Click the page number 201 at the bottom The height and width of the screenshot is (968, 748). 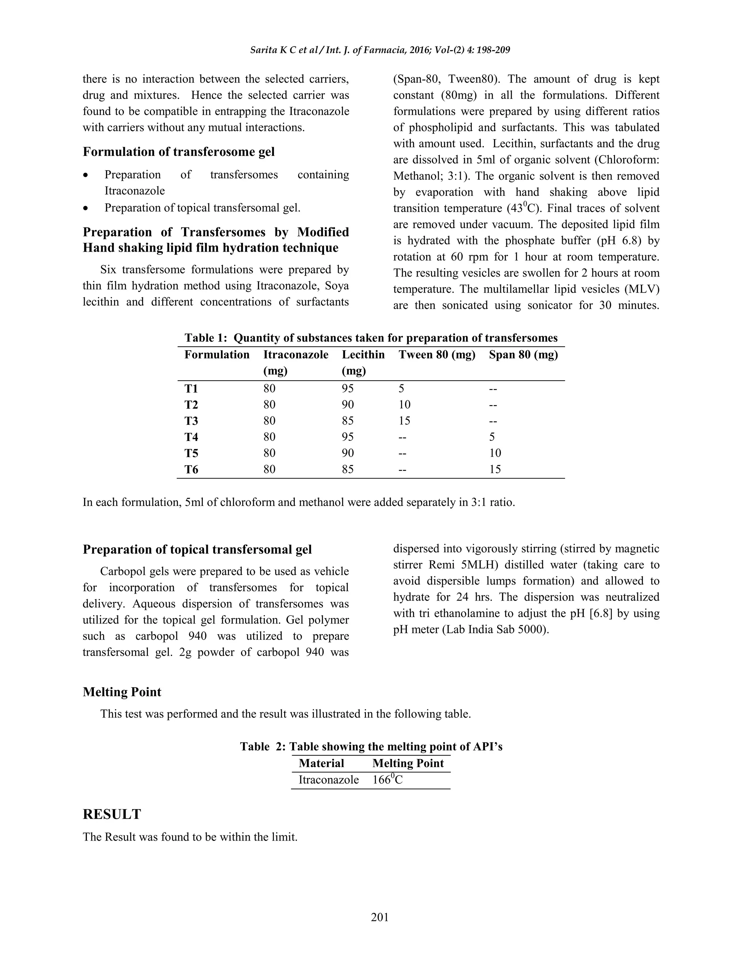point(380,917)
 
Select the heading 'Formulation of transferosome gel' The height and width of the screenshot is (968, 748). point(179,152)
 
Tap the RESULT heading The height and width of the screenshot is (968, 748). point(112,814)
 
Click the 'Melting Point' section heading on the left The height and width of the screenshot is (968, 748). point(122,692)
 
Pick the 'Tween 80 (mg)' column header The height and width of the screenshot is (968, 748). point(436,355)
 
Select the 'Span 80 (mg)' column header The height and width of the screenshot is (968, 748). point(523,355)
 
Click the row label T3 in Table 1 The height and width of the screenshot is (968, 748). point(191,420)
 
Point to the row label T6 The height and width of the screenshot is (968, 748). point(191,469)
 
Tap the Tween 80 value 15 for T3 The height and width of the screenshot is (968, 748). point(404,420)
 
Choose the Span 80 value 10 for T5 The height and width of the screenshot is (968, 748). point(495,453)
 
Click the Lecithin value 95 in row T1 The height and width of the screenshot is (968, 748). point(347,389)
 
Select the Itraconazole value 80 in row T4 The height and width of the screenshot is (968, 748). point(269,437)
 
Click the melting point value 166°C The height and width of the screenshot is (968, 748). point(387,780)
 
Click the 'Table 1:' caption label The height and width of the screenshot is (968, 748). point(206,338)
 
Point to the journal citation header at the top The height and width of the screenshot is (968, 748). point(380,50)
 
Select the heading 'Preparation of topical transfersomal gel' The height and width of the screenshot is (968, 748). point(197,550)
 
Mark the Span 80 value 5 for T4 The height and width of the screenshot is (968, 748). point(492,437)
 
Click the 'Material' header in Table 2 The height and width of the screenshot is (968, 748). point(321,763)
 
